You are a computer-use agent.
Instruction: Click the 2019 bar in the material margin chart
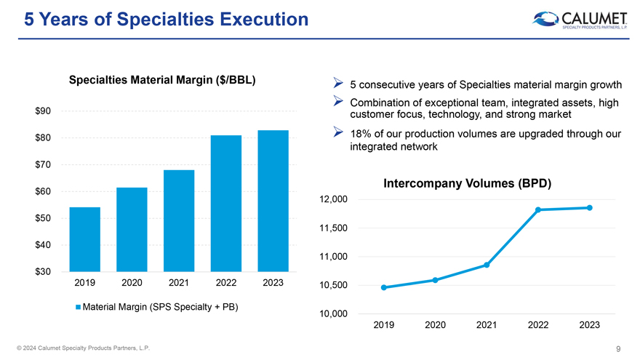point(85,239)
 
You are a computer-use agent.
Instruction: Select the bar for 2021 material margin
point(179,220)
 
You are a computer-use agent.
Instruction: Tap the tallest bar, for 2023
point(273,201)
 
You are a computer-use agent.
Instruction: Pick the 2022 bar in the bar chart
point(226,203)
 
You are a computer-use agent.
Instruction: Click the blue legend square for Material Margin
point(78,306)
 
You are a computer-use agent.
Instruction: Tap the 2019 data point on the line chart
point(383,288)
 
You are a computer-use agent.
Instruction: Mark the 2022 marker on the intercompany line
point(538,210)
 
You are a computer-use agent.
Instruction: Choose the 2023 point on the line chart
point(590,208)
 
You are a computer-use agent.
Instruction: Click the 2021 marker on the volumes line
point(487,265)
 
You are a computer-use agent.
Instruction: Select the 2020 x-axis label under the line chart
point(435,325)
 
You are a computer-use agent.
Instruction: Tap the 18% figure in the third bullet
point(360,134)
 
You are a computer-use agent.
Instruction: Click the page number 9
point(617,348)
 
